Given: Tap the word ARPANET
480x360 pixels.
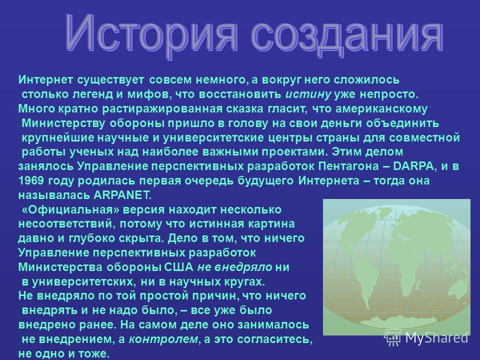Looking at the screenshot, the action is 122,195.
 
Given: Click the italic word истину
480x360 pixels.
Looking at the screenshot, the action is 308,94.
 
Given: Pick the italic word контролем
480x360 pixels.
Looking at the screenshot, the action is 163,339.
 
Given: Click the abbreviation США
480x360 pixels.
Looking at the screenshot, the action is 179,267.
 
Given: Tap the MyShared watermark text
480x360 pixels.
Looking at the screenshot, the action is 437,338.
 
